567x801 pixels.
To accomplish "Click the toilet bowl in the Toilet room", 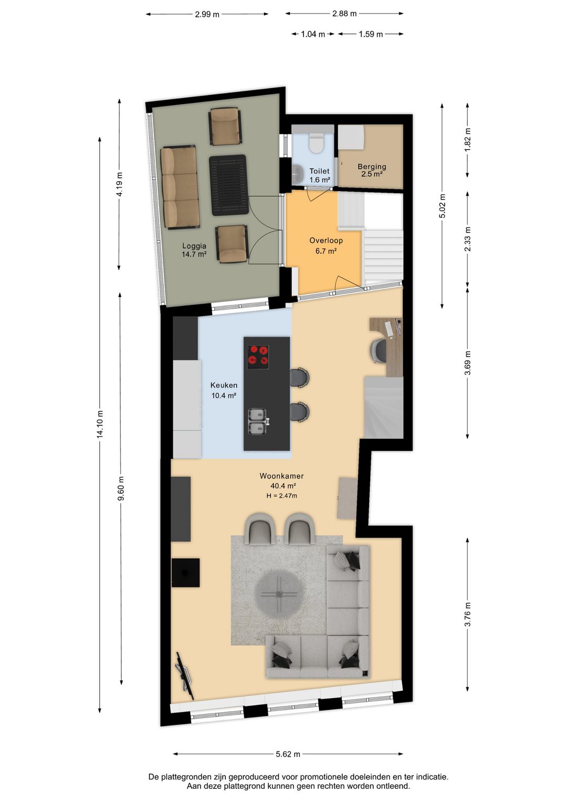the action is tap(316, 143).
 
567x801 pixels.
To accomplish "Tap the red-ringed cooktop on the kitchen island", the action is tap(258, 357).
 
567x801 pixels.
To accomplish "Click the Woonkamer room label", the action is tap(281, 476).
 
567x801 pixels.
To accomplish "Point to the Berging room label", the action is tap(372, 166).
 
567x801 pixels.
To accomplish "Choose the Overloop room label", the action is tap(326, 240).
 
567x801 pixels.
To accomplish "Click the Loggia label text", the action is tap(194, 246).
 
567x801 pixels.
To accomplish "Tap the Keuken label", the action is tap(224, 385).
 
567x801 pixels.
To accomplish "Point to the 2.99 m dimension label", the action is tap(207, 15).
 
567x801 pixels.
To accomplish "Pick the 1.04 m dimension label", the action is tap(313, 34).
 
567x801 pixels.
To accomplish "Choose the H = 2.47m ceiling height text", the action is tap(281, 496).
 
